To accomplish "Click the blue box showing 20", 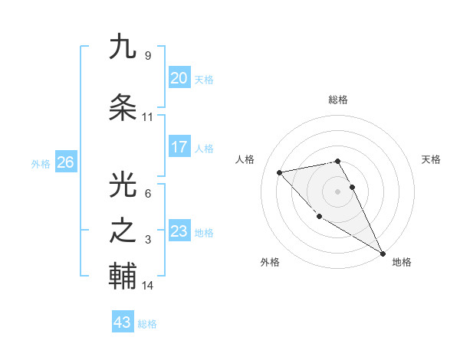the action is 179,78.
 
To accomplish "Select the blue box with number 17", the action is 179,147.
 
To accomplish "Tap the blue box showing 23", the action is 179,231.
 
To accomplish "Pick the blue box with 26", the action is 66,162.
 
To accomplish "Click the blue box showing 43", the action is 123,322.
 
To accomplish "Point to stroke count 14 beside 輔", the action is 148,286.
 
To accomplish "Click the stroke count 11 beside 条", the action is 148,117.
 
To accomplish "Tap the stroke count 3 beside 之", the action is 148,240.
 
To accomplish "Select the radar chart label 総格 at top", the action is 338,100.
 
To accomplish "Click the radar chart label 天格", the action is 432,159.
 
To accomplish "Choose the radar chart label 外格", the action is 270,262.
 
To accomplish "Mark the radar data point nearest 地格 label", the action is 383,254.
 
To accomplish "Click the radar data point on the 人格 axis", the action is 280,172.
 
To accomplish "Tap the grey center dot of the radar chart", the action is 338,191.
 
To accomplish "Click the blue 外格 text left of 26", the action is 41,163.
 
